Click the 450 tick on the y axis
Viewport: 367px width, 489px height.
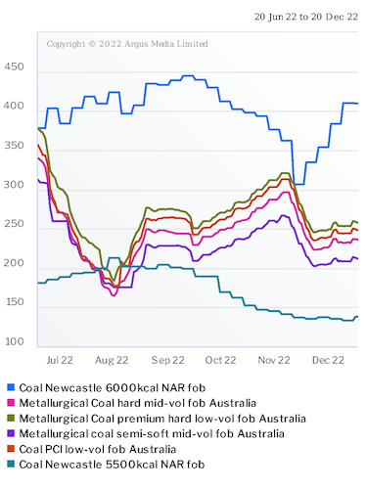pos(17,67)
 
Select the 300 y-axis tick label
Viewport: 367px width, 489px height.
pos(17,185)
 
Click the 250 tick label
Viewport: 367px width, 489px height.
pos(17,224)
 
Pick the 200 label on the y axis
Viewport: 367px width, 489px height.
pos(17,263)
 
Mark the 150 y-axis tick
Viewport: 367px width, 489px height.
pos(17,302)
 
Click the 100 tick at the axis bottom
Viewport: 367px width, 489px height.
pos(17,341)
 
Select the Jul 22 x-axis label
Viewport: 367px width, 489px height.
pos(62,360)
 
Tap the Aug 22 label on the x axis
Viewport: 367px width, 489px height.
pos(114,360)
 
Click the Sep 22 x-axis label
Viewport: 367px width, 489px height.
pos(168,360)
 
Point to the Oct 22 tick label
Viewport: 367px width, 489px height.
pos(221,360)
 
